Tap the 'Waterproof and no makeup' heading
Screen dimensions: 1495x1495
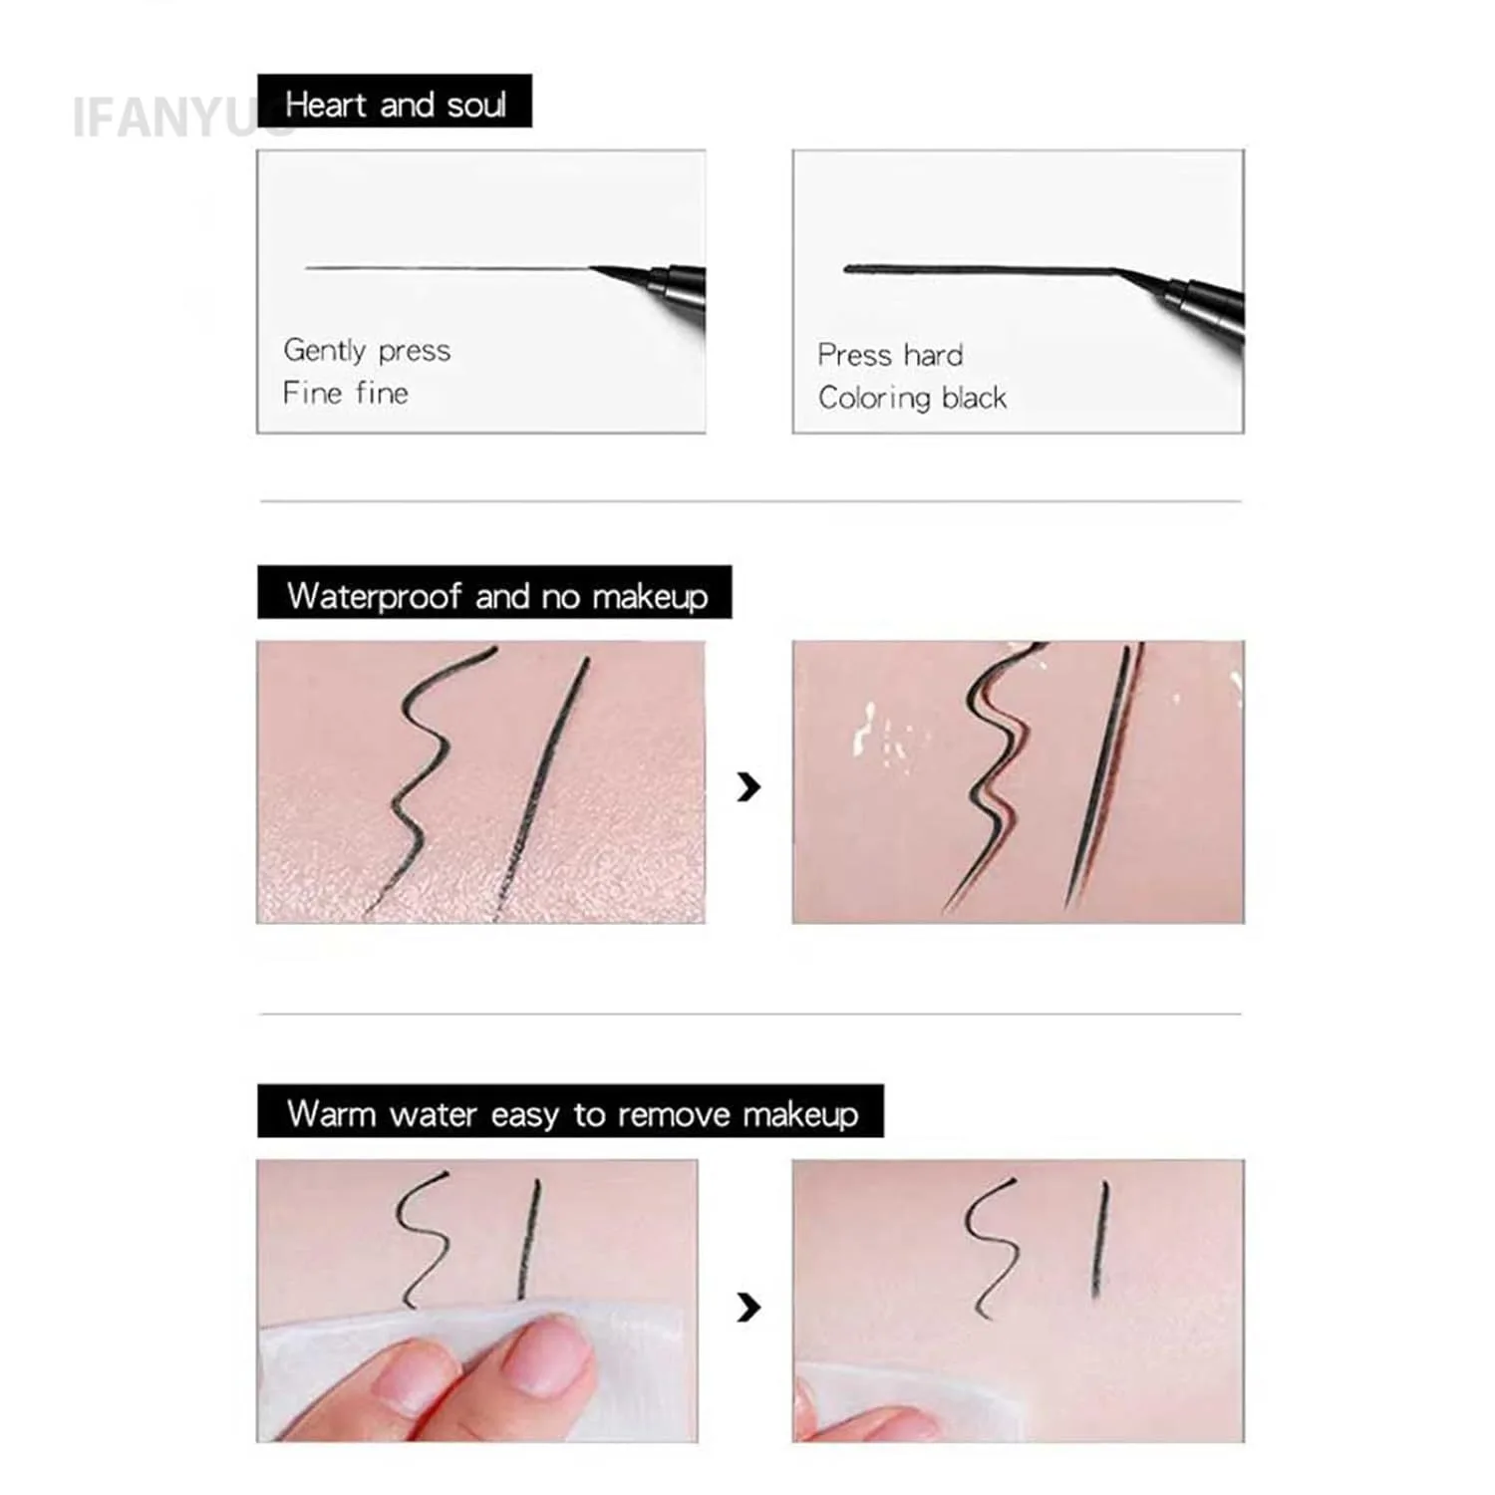coord(495,595)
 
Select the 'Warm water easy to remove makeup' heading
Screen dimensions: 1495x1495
coord(571,1112)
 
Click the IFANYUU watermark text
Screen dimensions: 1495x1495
coord(169,118)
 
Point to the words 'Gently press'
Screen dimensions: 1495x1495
coord(367,350)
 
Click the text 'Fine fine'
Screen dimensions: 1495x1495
coord(346,393)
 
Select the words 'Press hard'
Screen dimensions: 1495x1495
coord(890,355)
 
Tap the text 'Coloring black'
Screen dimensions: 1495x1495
coord(912,398)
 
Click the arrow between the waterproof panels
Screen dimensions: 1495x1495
coord(748,786)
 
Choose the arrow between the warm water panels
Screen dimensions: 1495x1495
coord(748,1307)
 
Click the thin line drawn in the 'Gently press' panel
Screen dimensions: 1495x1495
coord(448,267)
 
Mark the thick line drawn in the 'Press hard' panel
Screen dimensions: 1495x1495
coord(977,269)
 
